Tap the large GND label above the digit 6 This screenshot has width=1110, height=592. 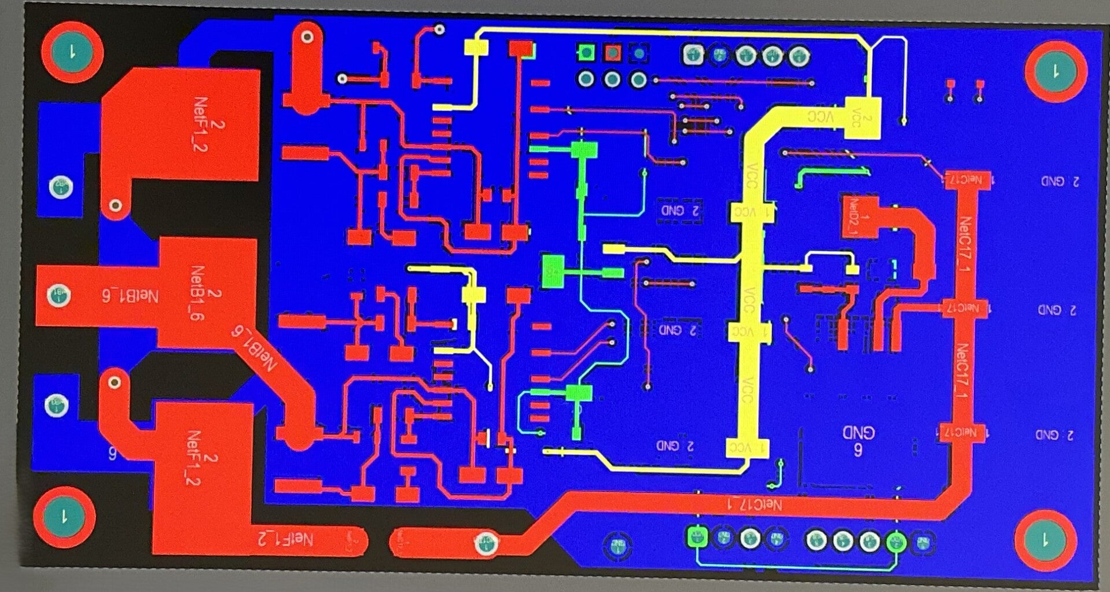(x=858, y=433)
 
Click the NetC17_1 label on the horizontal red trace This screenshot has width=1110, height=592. (x=755, y=505)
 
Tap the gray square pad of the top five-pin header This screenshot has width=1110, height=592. (x=692, y=55)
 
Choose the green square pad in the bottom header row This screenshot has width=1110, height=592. (x=697, y=537)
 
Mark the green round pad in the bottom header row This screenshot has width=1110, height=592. (x=896, y=542)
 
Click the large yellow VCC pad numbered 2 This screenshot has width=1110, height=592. (x=863, y=119)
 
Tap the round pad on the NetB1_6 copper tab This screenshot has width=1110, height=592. (x=58, y=295)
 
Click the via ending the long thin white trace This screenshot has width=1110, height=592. (x=903, y=122)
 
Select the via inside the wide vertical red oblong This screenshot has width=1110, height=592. (x=307, y=37)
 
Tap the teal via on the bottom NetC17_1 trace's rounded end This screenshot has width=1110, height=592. (x=485, y=543)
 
